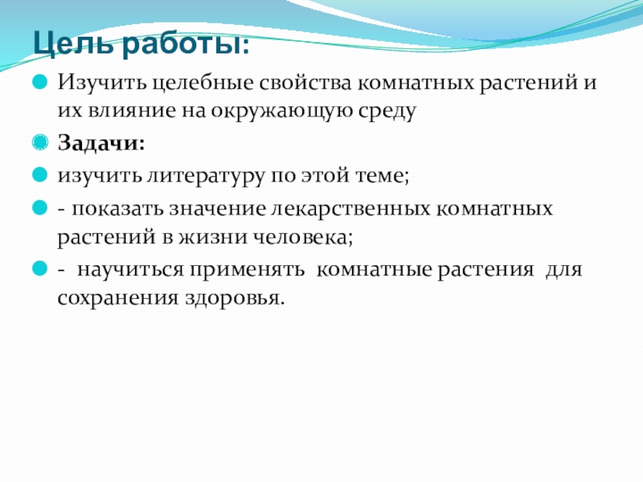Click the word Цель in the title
[73, 43]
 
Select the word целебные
[203, 84]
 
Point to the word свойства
[305, 83]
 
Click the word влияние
[132, 111]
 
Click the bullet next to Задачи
[40, 143]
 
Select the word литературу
[207, 176]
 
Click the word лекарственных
[351, 209]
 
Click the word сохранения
[117, 299]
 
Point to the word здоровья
[232, 299]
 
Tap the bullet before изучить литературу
[40, 175]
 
